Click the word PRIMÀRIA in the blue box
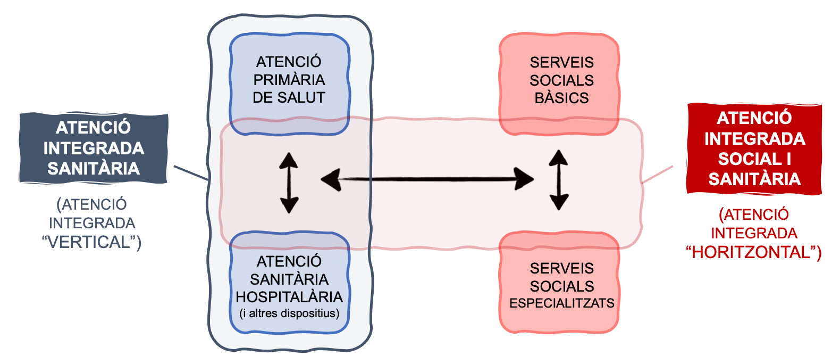coord(289,80)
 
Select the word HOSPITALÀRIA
coord(289,297)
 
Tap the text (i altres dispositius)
coord(289,313)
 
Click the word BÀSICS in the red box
coord(561,98)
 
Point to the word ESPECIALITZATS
coord(561,303)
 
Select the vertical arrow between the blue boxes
coord(289,183)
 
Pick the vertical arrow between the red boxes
coord(559,180)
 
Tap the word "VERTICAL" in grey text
coord(89,242)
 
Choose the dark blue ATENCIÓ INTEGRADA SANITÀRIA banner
coord(94,148)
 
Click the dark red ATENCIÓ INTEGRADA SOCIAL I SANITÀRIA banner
coord(754,148)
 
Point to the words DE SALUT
coord(289,98)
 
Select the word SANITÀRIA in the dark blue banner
coord(94,169)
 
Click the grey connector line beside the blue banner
coord(190,172)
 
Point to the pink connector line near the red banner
coord(658,174)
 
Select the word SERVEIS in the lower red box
coord(561,269)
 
